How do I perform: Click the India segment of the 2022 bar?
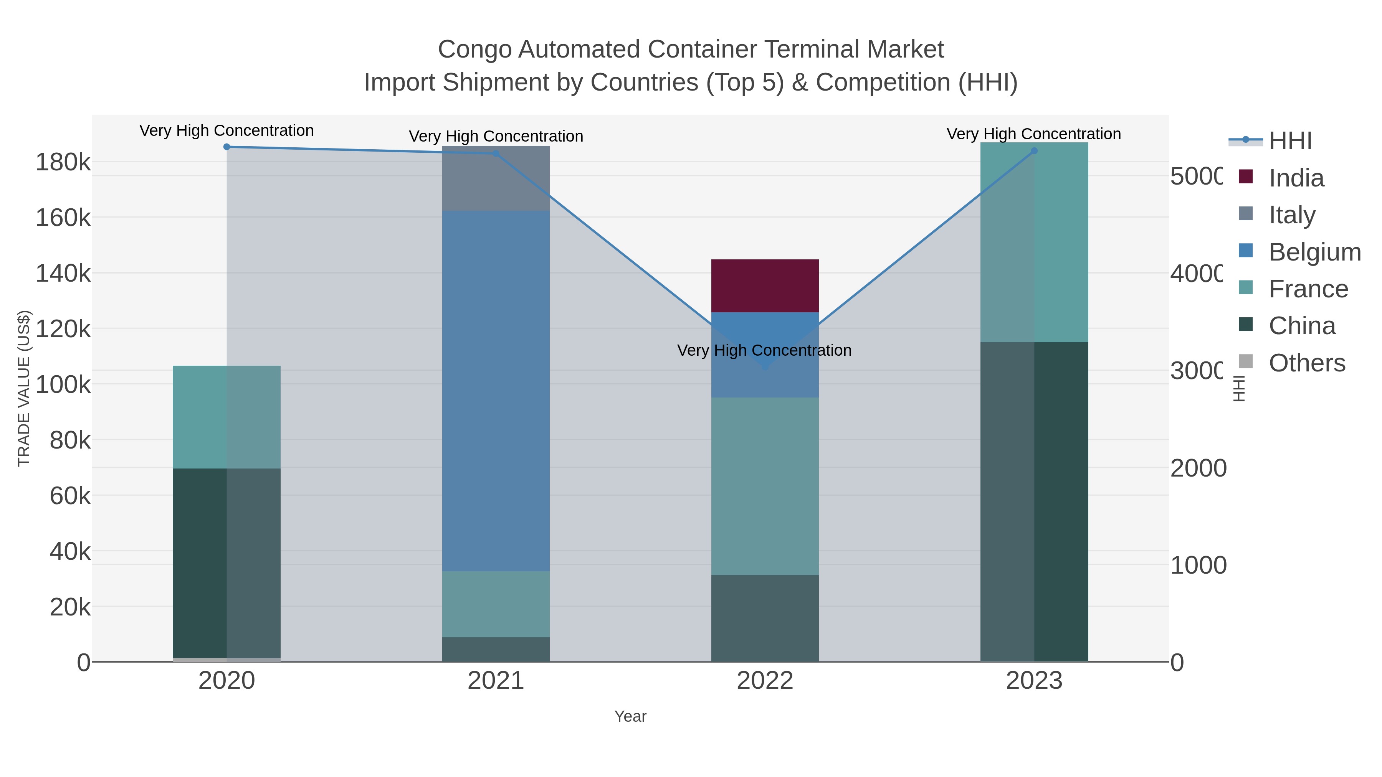[764, 286]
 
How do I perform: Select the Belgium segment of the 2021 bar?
[496, 390]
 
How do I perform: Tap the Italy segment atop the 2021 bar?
[496, 178]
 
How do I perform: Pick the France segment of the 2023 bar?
[1034, 243]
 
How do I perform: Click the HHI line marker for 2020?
[226, 147]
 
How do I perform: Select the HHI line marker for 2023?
[1034, 151]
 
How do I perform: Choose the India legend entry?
[1296, 178]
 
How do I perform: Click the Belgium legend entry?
[1314, 252]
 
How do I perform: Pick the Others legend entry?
[1306, 363]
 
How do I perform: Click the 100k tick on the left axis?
[63, 384]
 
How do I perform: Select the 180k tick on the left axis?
[63, 162]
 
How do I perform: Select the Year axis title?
[630, 716]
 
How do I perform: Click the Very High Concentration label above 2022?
[764, 351]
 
